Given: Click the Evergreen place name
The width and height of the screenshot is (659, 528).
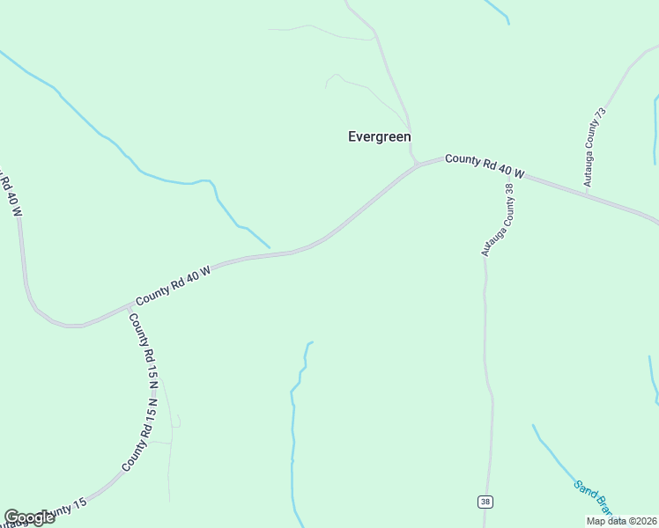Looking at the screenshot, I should click(379, 136).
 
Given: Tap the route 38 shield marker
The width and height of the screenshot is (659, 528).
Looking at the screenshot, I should click(485, 502).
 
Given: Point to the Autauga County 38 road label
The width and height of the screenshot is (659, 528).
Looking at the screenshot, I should click(497, 220).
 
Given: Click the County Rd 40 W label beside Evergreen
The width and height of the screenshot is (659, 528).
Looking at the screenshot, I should click(484, 165).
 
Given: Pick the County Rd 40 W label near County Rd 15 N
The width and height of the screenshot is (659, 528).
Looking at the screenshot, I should click(174, 287).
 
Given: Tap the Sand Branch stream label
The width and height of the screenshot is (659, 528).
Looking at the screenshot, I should click(592, 497).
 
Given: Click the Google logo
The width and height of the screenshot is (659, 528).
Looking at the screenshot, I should click(29, 517).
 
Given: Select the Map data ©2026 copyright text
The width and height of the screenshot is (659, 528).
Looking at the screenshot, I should click(622, 521).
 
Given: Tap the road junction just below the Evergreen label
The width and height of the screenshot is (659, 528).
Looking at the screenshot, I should click(416, 165).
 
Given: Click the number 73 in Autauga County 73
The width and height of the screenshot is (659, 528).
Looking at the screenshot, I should click(601, 115).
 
